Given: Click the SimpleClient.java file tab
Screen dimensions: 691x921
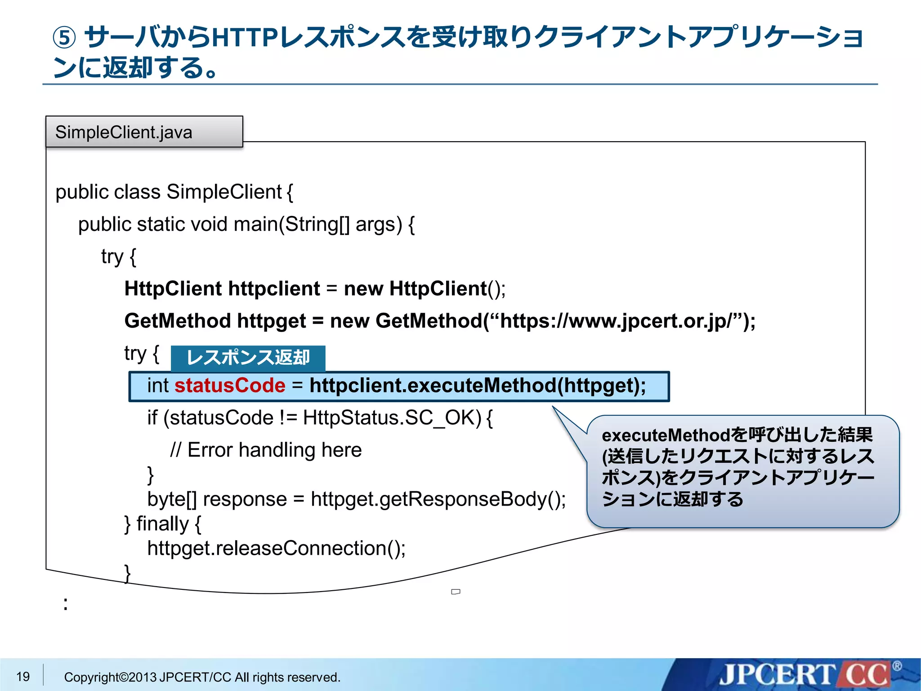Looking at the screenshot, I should pos(144,132).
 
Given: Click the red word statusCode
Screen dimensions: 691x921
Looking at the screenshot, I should pos(230,386).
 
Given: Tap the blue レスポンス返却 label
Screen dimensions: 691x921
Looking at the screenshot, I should pos(248,358).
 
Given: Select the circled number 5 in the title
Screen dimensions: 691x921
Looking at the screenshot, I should pos(65,38).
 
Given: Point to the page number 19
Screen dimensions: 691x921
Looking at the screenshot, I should pos(23,676).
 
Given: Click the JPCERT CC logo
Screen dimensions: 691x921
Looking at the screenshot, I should pos(805,675).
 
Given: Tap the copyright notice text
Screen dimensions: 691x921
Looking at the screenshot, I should pos(202,677).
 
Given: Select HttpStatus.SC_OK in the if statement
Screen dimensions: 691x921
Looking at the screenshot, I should pos(392,418).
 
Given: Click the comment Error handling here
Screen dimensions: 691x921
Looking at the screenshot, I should pos(274,450).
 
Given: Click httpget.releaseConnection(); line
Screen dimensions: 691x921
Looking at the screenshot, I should pos(276,548).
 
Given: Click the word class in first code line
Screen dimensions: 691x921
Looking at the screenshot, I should pos(137,192).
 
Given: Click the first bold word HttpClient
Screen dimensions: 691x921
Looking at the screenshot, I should pos(173,289).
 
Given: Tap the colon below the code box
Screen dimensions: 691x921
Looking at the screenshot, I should pos(66,604).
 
